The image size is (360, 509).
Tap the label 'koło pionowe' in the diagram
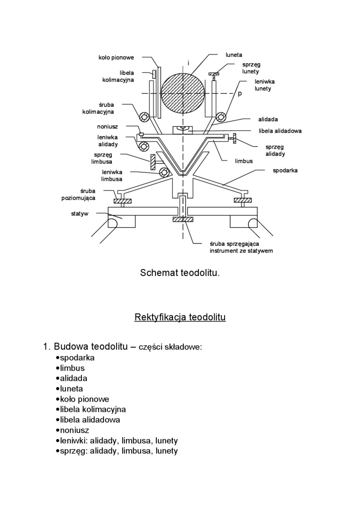click(x=116, y=58)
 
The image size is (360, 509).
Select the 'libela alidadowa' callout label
click(x=280, y=131)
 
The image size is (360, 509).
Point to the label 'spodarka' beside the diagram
click(x=285, y=170)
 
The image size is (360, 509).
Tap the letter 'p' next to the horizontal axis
click(x=240, y=94)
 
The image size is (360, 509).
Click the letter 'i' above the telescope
click(x=189, y=63)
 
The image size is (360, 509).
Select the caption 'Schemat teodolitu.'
click(x=180, y=273)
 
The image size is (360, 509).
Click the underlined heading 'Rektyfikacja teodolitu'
click(x=180, y=316)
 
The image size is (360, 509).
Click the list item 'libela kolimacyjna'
click(x=93, y=410)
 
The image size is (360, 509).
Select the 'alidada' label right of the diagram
click(x=268, y=119)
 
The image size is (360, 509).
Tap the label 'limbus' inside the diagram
click(x=244, y=161)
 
